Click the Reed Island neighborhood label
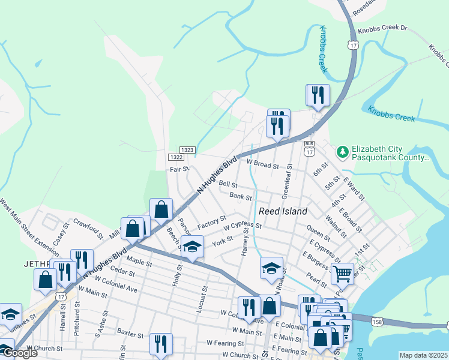pyautogui.click(x=283, y=211)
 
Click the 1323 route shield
pyautogui.click(x=187, y=149)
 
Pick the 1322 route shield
pyautogui.click(x=176, y=157)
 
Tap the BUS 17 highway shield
pyautogui.click(x=309, y=149)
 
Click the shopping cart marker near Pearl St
pyautogui.click(x=342, y=274)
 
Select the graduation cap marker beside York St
pyautogui.click(x=192, y=247)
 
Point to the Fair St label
pyautogui.click(x=179, y=170)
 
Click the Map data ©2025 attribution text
pyautogui.click(x=424, y=355)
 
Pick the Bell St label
pyautogui.click(x=228, y=184)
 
